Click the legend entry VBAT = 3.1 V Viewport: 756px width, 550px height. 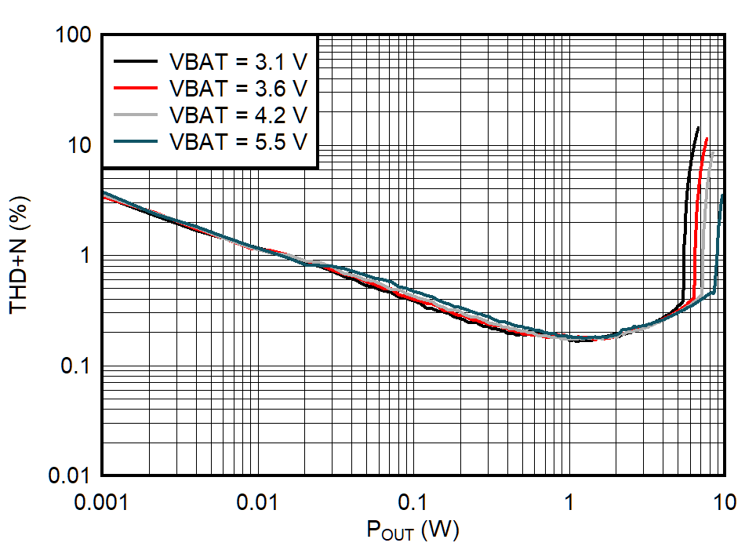click(x=238, y=60)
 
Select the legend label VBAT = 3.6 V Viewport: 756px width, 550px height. click(x=238, y=87)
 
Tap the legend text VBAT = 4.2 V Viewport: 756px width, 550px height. click(x=238, y=114)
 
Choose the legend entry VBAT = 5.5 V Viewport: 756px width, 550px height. click(x=238, y=140)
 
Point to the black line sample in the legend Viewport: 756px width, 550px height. click(x=136, y=60)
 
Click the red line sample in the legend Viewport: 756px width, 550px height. click(x=136, y=87)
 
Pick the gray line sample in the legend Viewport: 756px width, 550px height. click(x=136, y=114)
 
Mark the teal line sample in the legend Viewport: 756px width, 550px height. click(x=136, y=140)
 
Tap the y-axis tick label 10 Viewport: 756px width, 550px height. click(x=82, y=146)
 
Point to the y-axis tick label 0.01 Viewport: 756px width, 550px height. click(x=70, y=476)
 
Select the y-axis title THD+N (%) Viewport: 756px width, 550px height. click(x=19, y=255)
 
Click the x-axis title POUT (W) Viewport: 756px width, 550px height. click(x=413, y=531)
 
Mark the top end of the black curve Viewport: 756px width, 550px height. click(x=698, y=127)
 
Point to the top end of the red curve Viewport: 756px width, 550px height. click(x=707, y=138)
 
